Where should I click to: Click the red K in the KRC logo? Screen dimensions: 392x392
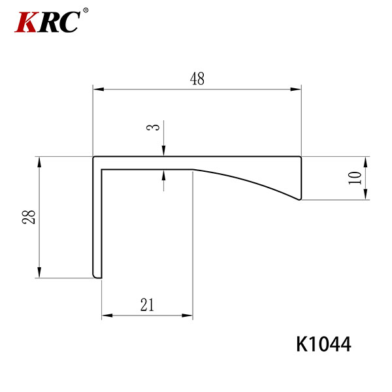pyautogui.click(x=27, y=22)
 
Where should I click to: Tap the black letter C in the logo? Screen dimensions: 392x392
pyautogui.click(x=69, y=22)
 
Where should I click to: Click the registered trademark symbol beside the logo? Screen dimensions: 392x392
pyautogui.click(x=85, y=10)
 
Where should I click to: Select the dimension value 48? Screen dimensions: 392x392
pyautogui.click(x=197, y=78)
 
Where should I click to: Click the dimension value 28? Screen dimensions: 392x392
pyautogui.click(x=29, y=217)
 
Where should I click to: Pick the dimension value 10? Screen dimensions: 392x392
pyautogui.click(x=355, y=178)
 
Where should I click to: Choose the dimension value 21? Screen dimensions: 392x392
pyautogui.click(x=147, y=304)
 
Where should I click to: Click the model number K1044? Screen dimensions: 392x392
pyautogui.click(x=323, y=344)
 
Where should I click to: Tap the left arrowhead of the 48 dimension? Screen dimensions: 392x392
pyautogui.click(x=99, y=89)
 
